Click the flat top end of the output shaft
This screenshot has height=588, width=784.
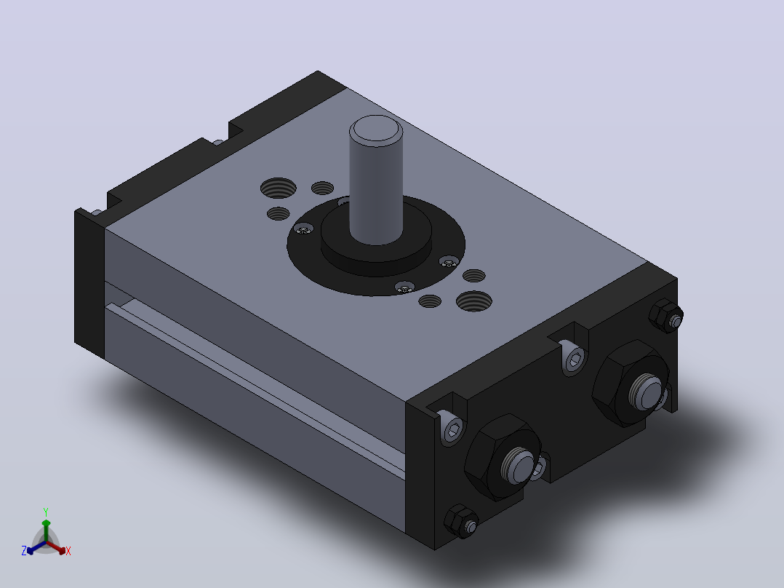(x=375, y=129)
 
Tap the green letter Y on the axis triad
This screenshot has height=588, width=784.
(x=46, y=512)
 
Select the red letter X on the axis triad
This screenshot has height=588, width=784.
(x=68, y=551)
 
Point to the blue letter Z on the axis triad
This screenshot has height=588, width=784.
(x=24, y=551)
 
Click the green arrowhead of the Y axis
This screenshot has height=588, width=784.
(x=46, y=523)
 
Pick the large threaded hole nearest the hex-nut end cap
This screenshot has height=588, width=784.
(x=473, y=301)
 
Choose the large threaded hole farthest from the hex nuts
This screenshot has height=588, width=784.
(x=278, y=188)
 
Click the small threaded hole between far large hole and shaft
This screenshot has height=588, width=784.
(x=322, y=188)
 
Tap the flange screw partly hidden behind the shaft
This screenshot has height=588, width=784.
(x=343, y=202)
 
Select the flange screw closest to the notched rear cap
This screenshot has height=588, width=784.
(x=304, y=230)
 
